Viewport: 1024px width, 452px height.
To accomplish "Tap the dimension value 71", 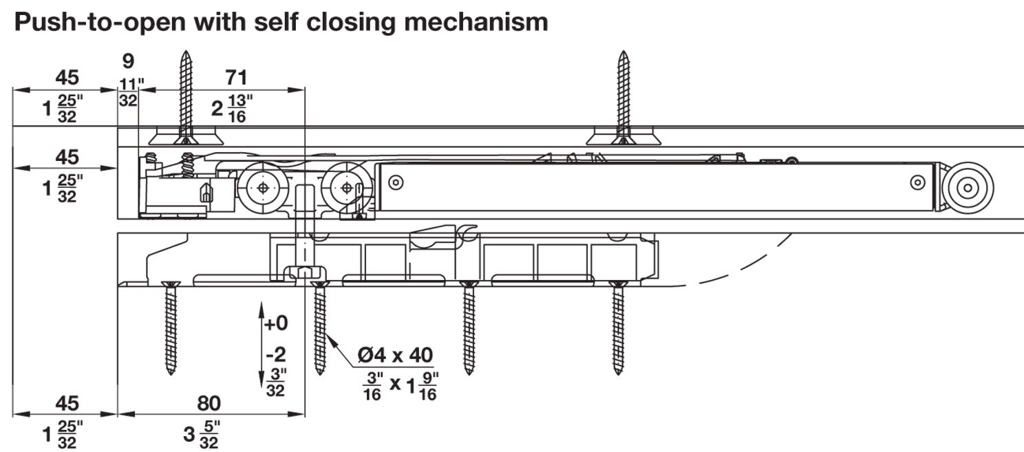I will coord(235,77).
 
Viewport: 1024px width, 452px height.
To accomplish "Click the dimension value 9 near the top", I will coord(128,61).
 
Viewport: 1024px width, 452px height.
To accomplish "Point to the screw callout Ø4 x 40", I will coord(395,356).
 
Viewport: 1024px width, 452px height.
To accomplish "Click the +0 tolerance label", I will coord(277,323).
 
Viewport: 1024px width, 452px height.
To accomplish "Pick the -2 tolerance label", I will coord(275,356).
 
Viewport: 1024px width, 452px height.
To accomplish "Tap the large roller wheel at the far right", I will coord(968,187).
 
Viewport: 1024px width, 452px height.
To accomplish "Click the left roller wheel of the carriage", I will coord(262,186).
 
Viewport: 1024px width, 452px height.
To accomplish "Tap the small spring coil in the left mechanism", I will coord(186,165).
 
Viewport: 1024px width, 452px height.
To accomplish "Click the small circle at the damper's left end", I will coord(394,182).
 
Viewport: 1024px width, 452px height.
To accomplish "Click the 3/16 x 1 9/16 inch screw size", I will coord(400,386).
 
